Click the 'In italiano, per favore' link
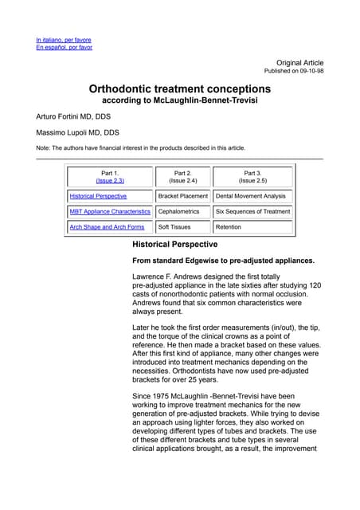64,39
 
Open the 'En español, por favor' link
64,47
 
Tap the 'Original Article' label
299,62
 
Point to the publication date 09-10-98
310,71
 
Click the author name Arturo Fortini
73,116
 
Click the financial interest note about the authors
141,147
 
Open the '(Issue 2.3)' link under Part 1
110,181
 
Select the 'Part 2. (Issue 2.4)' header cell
182,177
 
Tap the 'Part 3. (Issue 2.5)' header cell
252,177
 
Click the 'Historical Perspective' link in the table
98,196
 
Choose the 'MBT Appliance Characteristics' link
110,212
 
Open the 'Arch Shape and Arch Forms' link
107,227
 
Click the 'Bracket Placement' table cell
182,196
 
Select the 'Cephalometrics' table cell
178,212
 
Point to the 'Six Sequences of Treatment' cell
252,212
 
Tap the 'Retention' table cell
229,227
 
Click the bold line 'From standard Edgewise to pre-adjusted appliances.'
223,261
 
